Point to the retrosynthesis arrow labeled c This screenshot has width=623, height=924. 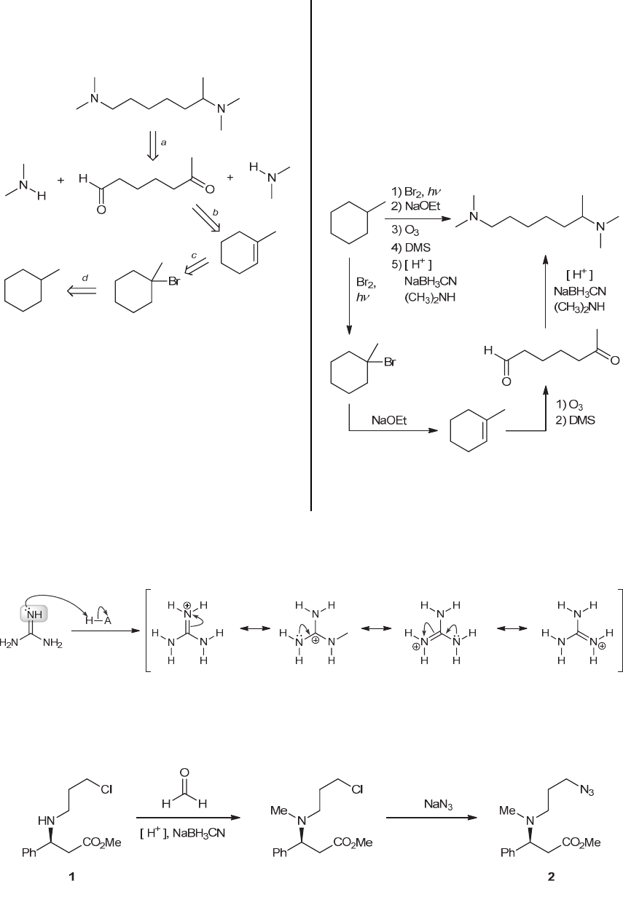click(196, 270)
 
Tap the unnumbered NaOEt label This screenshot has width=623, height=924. click(391, 421)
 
